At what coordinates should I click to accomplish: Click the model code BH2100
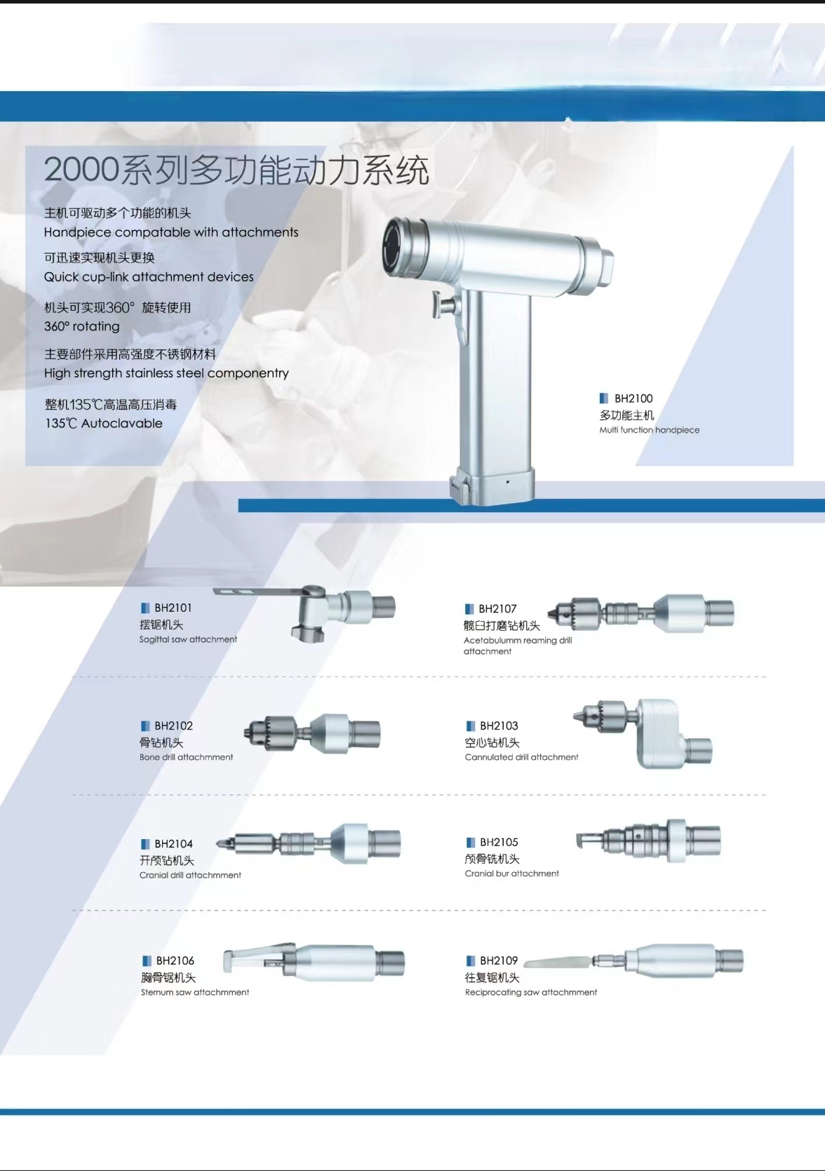point(633,399)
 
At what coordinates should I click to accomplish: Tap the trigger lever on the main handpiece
point(443,304)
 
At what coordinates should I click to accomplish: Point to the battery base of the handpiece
point(492,485)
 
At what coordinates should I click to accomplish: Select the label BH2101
point(173,608)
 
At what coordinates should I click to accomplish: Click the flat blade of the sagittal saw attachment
point(259,591)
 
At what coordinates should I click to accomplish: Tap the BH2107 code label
point(497,608)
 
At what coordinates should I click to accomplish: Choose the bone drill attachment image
point(312,733)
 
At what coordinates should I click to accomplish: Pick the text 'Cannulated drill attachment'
point(521,757)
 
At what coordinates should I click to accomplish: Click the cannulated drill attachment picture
point(643,733)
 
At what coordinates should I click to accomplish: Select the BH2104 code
point(173,844)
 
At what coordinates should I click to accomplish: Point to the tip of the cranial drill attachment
point(217,842)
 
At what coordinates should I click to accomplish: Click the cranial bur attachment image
point(648,841)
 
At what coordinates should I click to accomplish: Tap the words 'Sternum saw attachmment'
point(194,992)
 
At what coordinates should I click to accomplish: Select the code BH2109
point(499,961)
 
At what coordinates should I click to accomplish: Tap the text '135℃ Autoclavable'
point(104,423)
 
